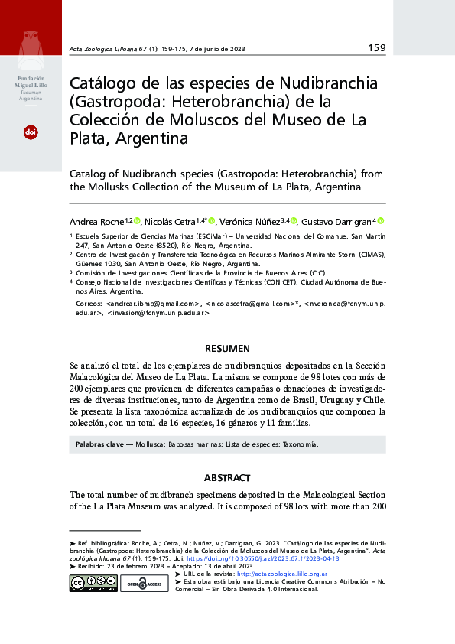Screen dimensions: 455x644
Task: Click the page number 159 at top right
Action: click(x=376, y=48)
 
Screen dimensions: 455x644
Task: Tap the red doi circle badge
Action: click(x=31, y=132)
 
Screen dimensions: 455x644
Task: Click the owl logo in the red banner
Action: click(x=31, y=47)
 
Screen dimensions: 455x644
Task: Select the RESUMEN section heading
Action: click(x=227, y=349)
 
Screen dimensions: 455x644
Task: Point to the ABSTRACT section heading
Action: click(x=227, y=478)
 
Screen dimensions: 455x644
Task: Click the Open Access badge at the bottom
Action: click(x=144, y=584)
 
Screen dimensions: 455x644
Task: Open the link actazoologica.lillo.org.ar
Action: click(x=283, y=573)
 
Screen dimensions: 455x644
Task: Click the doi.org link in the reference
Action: click(x=268, y=558)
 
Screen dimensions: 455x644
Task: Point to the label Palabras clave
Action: click(x=99, y=444)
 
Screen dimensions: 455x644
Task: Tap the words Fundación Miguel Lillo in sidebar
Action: click(x=31, y=83)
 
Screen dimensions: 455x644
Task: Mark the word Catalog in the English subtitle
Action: click(x=90, y=174)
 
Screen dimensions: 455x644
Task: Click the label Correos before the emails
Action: click(x=91, y=304)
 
